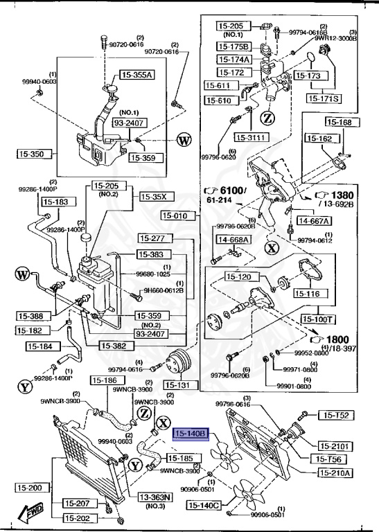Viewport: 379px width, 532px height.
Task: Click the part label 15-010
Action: coord(179,216)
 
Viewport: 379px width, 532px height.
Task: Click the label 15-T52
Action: coord(336,415)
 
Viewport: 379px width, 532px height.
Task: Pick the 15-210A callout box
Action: coord(336,473)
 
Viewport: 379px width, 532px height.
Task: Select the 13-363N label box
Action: coord(155,497)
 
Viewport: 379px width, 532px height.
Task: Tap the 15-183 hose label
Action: coord(55,202)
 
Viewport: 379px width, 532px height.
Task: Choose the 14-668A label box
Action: coord(234,240)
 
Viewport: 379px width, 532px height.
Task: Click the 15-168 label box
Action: coord(340,123)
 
